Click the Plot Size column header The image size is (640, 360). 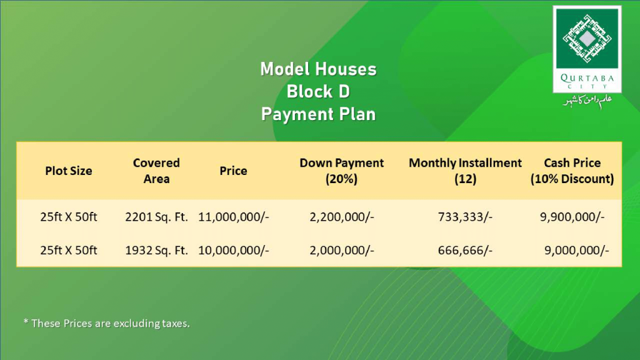pyautogui.click(x=69, y=171)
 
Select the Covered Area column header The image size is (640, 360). pyautogui.click(x=156, y=171)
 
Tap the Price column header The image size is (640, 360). pyautogui.click(x=234, y=171)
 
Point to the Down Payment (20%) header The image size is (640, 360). pyautogui.click(x=342, y=171)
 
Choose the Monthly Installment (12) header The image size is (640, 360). pyautogui.click(x=465, y=171)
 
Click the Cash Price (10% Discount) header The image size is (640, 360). pyautogui.click(x=572, y=171)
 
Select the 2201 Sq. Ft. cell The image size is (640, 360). pyautogui.click(x=157, y=217)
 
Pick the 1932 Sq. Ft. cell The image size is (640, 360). pyautogui.click(x=157, y=250)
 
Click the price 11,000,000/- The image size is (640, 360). pyautogui.click(x=234, y=217)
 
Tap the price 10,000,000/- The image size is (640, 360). pyautogui.click(x=234, y=250)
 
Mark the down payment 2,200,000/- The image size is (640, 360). pyautogui.click(x=342, y=217)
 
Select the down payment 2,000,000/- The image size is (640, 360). pyautogui.click(x=342, y=250)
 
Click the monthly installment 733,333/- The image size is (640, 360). pyautogui.click(x=465, y=217)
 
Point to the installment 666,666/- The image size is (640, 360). pyautogui.click(x=465, y=250)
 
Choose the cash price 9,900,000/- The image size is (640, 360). pyautogui.click(x=572, y=217)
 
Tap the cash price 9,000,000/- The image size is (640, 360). pyautogui.click(x=577, y=250)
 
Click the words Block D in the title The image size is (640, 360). pyautogui.click(x=318, y=91)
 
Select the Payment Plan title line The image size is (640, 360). pyautogui.click(x=318, y=114)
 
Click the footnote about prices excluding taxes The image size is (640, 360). pyautogui.click(x=106, y=323)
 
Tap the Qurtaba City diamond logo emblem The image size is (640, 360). pyautogui.click(x=587, y=39)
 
